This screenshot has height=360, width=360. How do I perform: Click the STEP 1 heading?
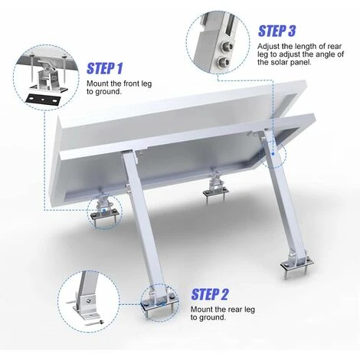(x=105, y=68)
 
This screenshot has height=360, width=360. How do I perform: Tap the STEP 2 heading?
(x=210, y=294)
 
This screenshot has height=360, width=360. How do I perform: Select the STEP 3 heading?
(x=277, y=31)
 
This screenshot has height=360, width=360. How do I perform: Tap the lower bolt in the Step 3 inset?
(x=223, y=61)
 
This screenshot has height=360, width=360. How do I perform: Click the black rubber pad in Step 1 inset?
(x=43, y=99)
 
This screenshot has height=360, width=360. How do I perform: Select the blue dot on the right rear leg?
(x=273, y=154)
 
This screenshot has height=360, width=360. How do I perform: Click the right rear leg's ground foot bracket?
(x=296, y=263)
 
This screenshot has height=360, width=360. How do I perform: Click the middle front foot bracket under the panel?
(x=215, y=188)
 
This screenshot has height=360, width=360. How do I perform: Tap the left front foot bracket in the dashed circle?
(x=104, y=211)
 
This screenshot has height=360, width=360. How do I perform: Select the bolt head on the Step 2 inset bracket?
(x=88, y=300)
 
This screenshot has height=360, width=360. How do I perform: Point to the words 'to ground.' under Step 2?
(x=208, y=318)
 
